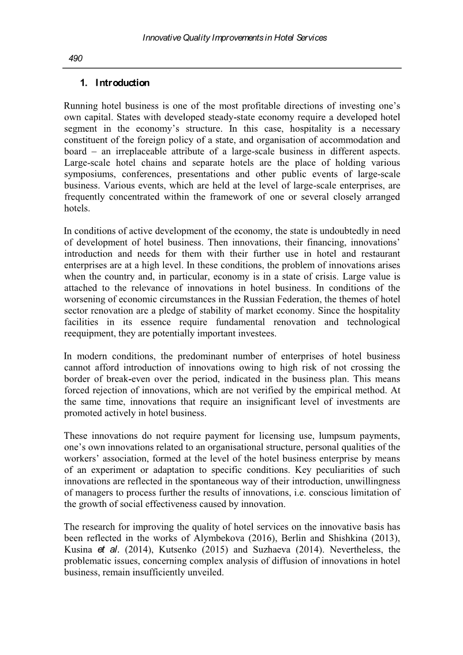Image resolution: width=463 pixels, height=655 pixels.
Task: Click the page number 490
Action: coord(76,58)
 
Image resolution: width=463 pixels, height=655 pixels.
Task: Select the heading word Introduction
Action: coord(122,83)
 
